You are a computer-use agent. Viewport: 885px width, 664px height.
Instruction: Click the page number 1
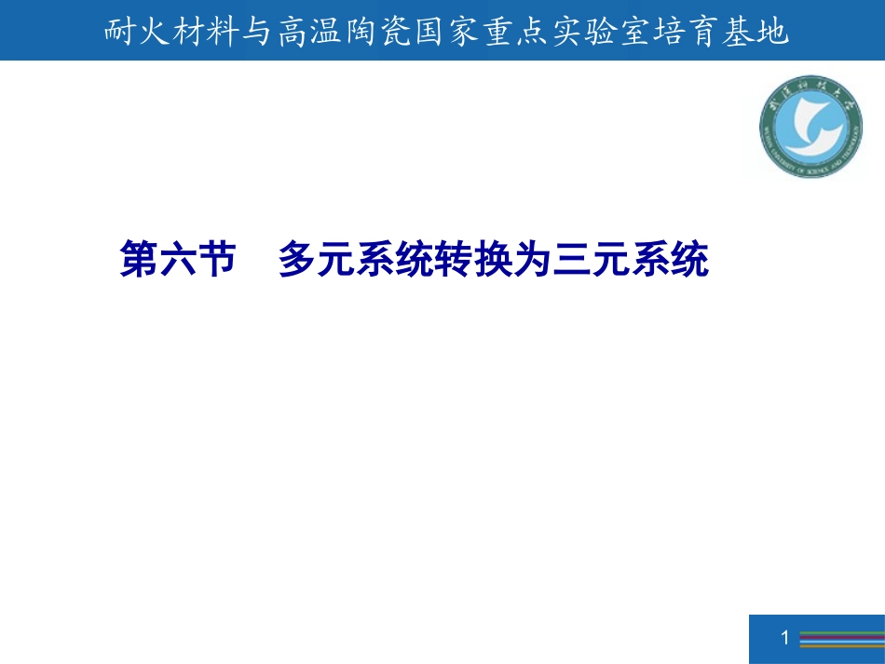[784, 638]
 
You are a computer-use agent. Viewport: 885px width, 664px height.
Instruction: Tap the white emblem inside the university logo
[809, 127]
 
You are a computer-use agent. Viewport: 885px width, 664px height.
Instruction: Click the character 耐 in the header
[117, 34]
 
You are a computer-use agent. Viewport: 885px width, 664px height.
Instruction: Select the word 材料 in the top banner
[200, 34]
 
